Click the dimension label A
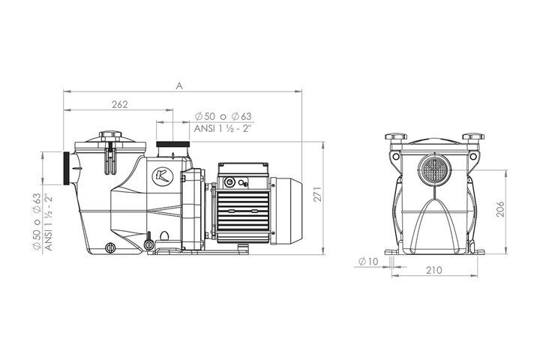pyautogui.click(x=179, y=86)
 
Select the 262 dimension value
pyautogui.click(x=120, y=104)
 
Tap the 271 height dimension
pyautogui.click(x=318, y=194)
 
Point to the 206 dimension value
pyautogui.click(x=500, y=209)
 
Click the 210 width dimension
pyautogui.click(x=434, y=270)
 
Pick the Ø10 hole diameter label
pyautogui.click(x=368, y=262)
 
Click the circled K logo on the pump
pyautogui.click(x=163, y=176)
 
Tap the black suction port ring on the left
pyautogui.click(x=67, y=169)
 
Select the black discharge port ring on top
pyautogui.click(x=173, y=144)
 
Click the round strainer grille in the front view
pyautogui.click(x=434, y=170)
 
